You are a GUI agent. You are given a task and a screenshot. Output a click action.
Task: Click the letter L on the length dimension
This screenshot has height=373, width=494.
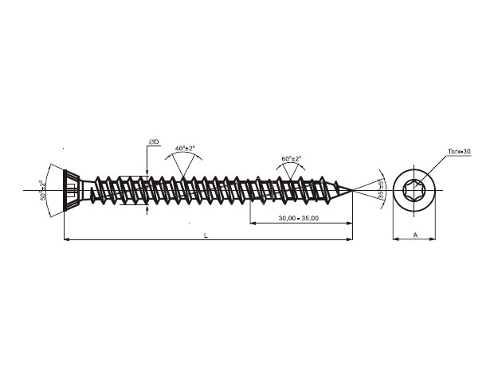tap(206, 235)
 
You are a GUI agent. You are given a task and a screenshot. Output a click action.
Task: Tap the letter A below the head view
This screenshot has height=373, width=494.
tap(416, 235)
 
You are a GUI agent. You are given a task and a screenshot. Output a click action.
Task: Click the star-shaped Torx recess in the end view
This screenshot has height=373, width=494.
tap(416, 190)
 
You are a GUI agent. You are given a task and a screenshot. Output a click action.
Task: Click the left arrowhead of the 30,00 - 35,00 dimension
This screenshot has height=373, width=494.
tap(253, 223)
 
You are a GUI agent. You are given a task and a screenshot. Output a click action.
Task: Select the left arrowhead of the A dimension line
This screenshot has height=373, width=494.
tap(395, 239)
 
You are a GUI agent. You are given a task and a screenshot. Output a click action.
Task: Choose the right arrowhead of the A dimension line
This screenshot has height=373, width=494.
tap(436, 239)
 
